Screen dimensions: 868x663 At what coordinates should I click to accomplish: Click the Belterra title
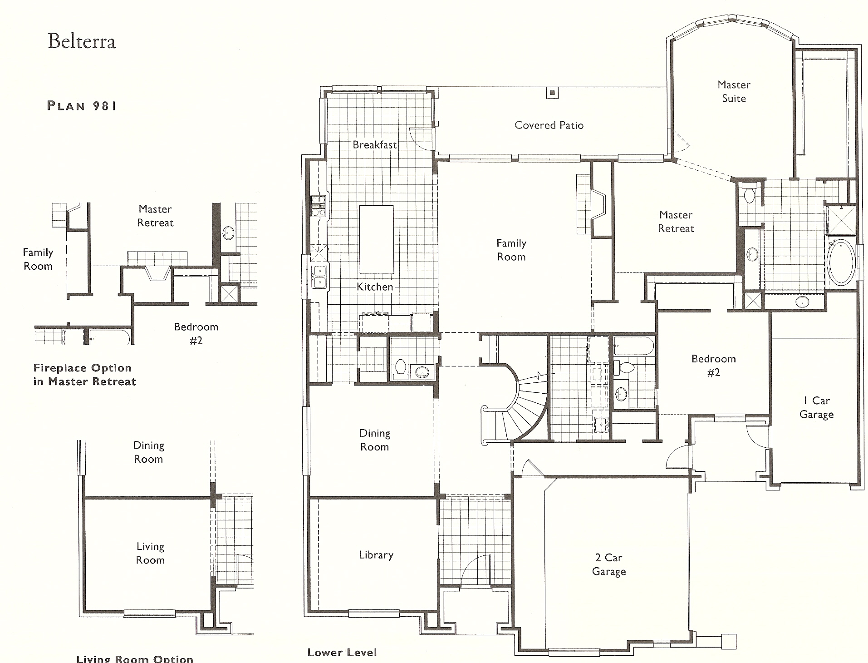[x=82, y=41]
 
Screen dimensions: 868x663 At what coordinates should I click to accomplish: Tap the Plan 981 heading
[x=82, y=106]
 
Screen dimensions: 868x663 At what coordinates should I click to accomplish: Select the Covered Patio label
[x=549, y=125]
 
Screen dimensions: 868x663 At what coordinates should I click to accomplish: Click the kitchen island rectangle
[x=376, y=239]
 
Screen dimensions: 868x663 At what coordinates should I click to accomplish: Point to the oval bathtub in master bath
[x=841, y=262]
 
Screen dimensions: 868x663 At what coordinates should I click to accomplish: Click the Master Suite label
[x=734, y=91]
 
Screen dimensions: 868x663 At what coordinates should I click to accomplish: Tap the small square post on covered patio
[x=552, y=93]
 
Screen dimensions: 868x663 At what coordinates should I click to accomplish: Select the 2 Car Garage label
[x=609, y=564]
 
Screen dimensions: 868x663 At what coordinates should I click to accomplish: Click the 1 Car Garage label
[x=816, y=407]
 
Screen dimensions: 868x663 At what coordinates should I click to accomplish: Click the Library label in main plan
[x=376, y=555]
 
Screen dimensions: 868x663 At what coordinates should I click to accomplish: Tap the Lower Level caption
[x=342, y=653]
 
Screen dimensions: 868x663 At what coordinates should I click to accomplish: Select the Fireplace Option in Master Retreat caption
[x=84, y=375]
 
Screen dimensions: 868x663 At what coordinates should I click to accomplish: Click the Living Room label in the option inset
[x=150, y=553]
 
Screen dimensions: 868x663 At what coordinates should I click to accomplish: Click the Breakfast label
[x=375, y=145]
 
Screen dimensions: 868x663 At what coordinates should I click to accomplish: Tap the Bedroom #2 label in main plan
[x=714, y=366]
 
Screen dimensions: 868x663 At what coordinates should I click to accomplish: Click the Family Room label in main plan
[x=511, y=250]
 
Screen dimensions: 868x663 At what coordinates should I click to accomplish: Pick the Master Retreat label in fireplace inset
[x=155, y=216]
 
